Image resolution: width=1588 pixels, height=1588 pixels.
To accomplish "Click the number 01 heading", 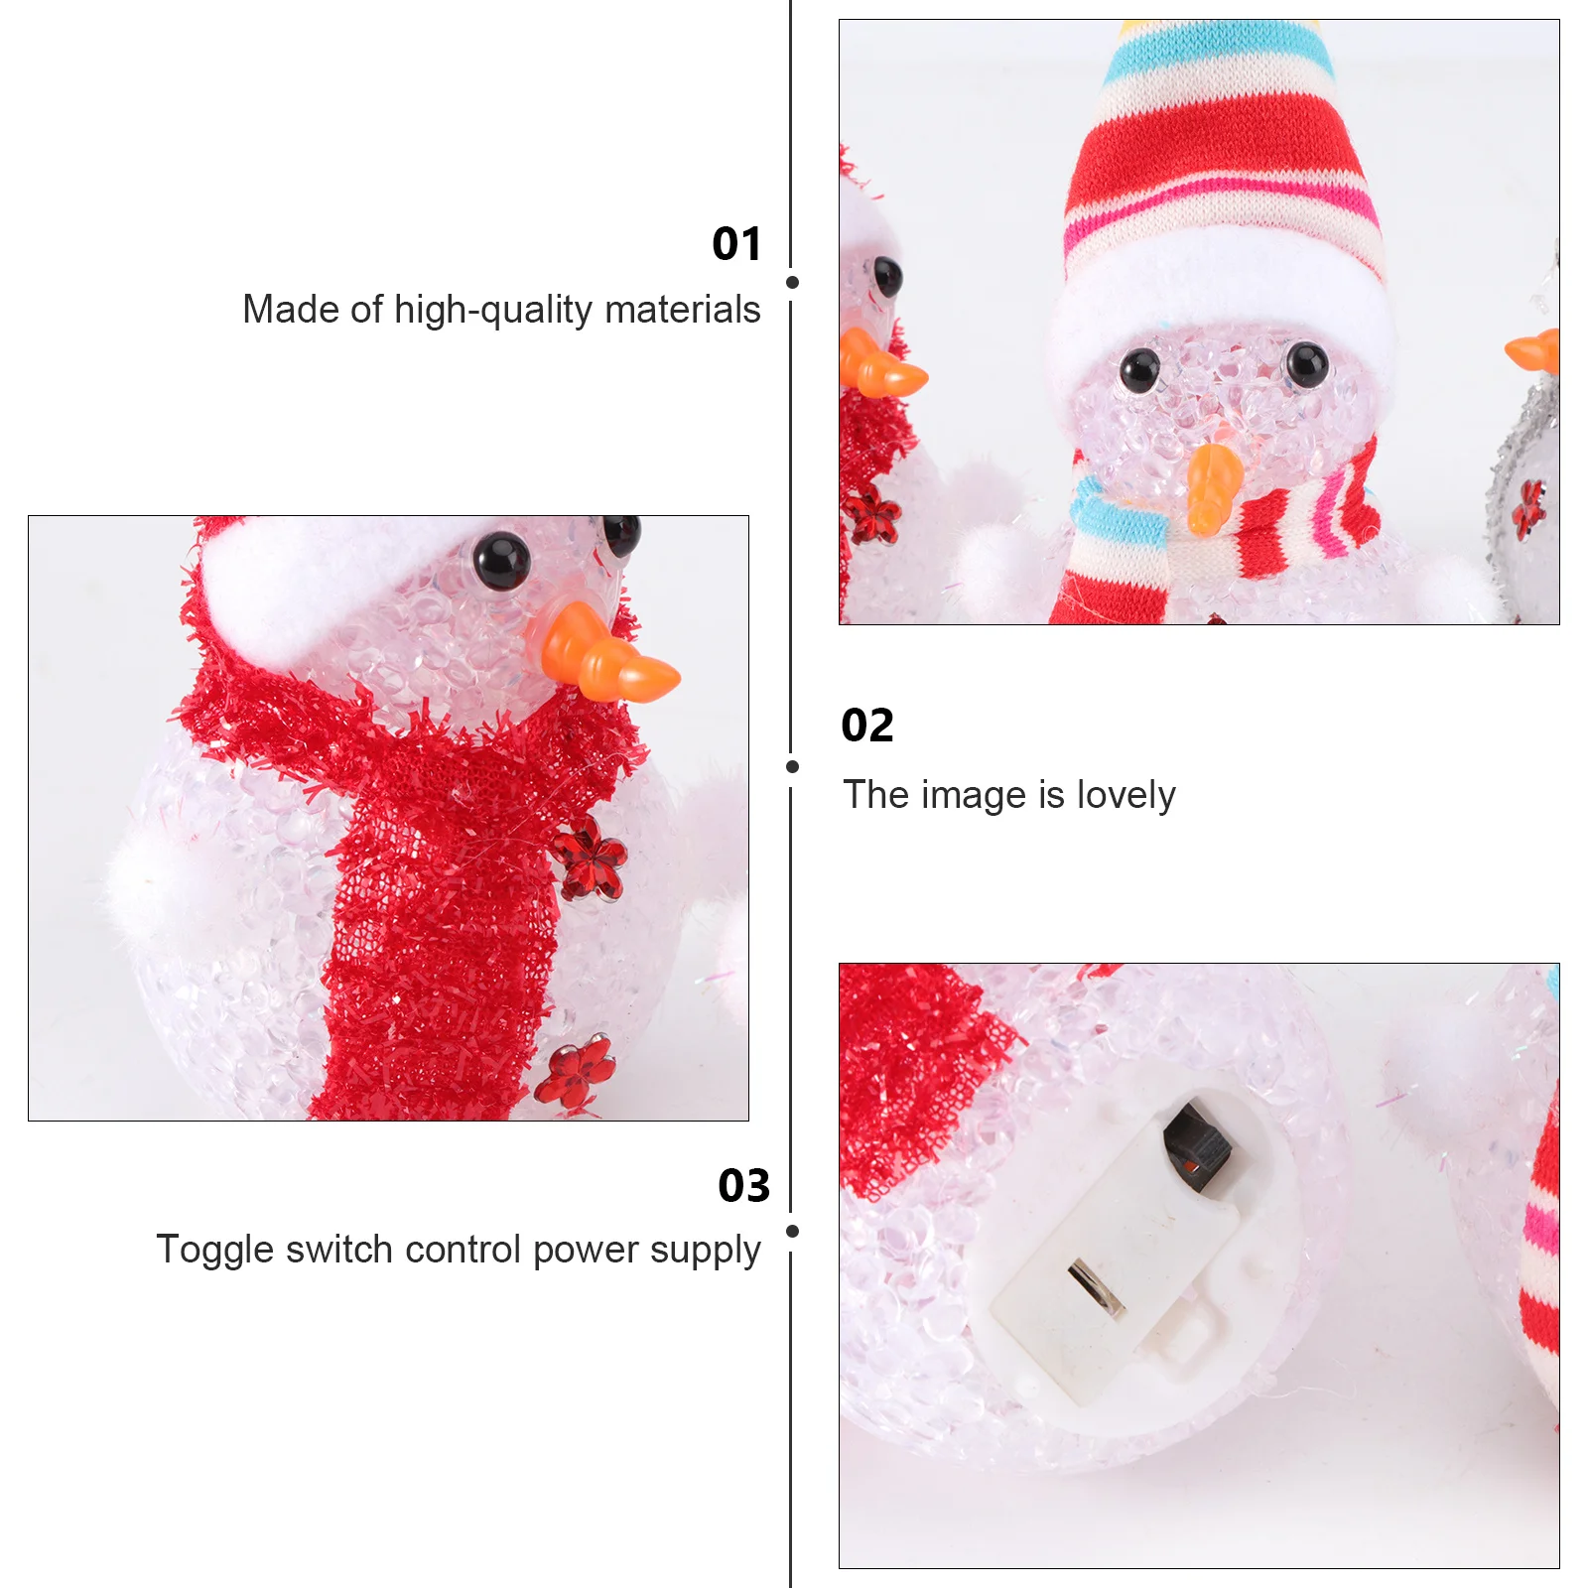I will [736, 244].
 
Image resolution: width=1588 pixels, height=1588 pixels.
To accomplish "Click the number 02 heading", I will [867, 726].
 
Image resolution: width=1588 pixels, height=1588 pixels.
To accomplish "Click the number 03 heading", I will [743, 1186].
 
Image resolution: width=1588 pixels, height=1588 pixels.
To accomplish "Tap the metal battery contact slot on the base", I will [1096, 1288].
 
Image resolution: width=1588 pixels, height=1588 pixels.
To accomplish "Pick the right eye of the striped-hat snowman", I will [1306, 365].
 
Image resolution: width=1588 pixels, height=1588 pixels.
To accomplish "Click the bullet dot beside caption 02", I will [792, 766].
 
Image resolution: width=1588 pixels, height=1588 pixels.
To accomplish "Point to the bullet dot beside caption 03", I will [792, 1231].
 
